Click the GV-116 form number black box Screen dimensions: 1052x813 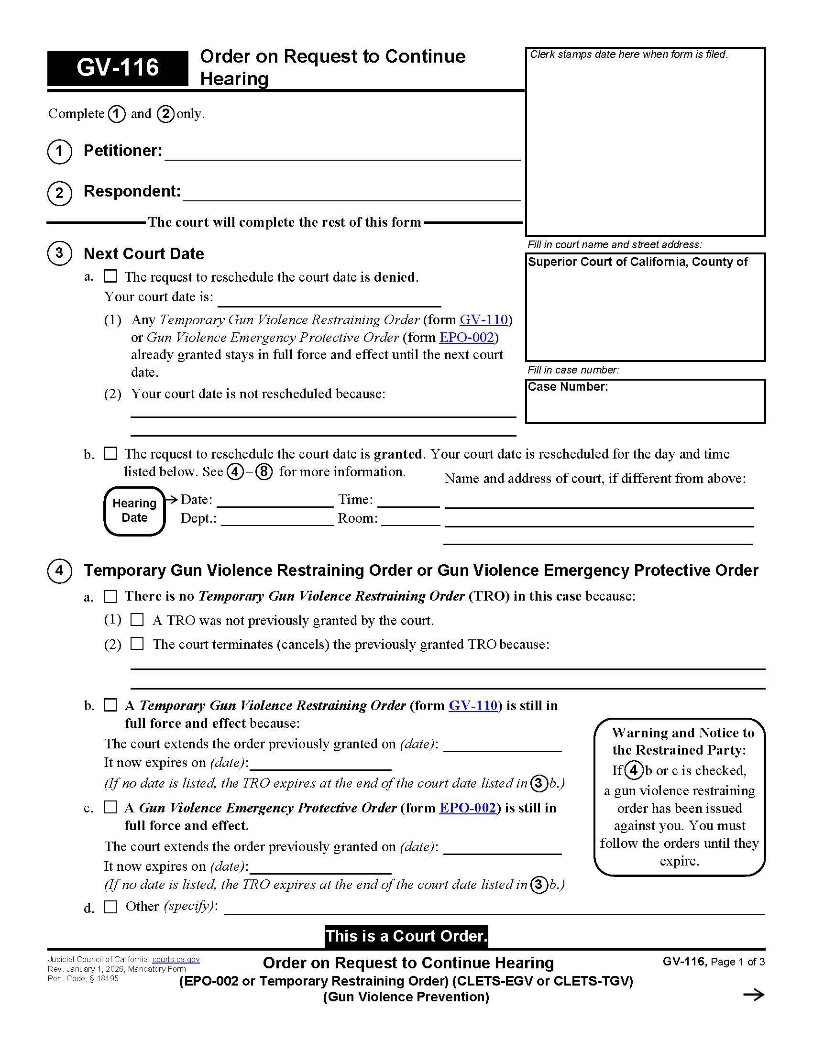pos(118,68)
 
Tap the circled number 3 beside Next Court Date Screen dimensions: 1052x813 pos(59,253)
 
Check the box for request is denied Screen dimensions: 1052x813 pos(110,276)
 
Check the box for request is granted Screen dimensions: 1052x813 pos(110,453)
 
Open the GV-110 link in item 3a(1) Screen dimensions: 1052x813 pos(483,319)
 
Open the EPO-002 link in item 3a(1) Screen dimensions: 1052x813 pos(466,337)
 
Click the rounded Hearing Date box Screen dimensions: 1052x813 pos(134,511)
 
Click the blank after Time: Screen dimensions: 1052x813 pos(408,501)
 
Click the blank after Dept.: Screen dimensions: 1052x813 pos(277,519)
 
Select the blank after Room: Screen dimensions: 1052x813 pos(410,519)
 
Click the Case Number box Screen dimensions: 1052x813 pos(645,401)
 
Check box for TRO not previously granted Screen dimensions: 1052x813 pos(137,619)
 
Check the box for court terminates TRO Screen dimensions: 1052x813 pos(137,644)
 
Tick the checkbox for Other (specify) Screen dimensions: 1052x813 pos(110,907)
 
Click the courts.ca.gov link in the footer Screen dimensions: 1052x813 pos(176,960)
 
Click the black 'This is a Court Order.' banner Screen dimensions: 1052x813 pos(406,936)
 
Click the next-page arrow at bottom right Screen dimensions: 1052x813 pos(753,995)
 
